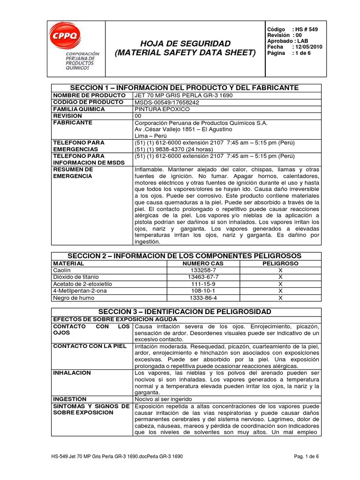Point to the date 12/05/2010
(309, 47)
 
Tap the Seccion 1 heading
(184, 88)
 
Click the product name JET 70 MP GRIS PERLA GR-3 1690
(183, 95)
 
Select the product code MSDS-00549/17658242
(167, 102)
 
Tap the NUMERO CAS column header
(203, 263)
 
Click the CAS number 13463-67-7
(203, 277)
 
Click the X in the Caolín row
(280, 270)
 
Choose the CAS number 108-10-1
(203, 291)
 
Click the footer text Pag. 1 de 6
(307, 456)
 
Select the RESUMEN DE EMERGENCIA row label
(73, 172)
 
